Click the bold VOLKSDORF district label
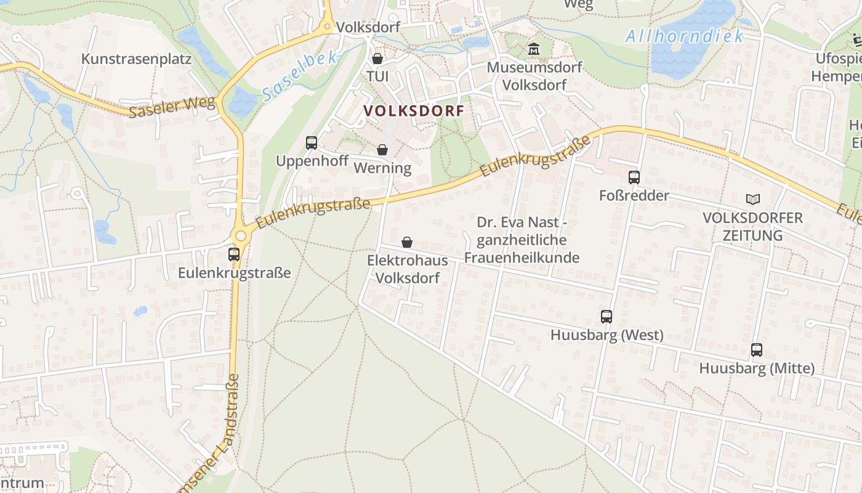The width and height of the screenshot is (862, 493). point(413,111)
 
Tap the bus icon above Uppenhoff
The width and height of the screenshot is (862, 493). point(312,143)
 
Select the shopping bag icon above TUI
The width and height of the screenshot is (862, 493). point(377,59)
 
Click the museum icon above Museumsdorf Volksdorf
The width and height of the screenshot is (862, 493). point(533,49)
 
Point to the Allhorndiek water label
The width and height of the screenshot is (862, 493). point(685,36)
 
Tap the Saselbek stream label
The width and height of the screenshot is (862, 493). point(300,76)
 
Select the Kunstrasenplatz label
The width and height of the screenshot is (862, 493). point(137,59)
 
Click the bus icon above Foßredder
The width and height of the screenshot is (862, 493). point(634,177)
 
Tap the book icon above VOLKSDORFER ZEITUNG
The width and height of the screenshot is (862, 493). point(752,199)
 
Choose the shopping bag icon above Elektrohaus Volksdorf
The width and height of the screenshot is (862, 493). point(407,242)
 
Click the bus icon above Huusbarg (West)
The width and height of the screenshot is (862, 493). point(606,317)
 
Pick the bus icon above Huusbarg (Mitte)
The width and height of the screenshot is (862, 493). point(757,350)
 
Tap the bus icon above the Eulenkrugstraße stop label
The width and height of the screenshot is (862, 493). point(234,254)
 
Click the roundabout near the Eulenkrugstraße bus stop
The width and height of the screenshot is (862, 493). point(241,235)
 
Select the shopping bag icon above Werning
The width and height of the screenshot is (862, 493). point(382,150)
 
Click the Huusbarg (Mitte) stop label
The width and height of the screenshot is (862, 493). point(757,369)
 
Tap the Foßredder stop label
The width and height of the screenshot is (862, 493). point(634,195)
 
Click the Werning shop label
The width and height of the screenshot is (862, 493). point(382,168)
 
